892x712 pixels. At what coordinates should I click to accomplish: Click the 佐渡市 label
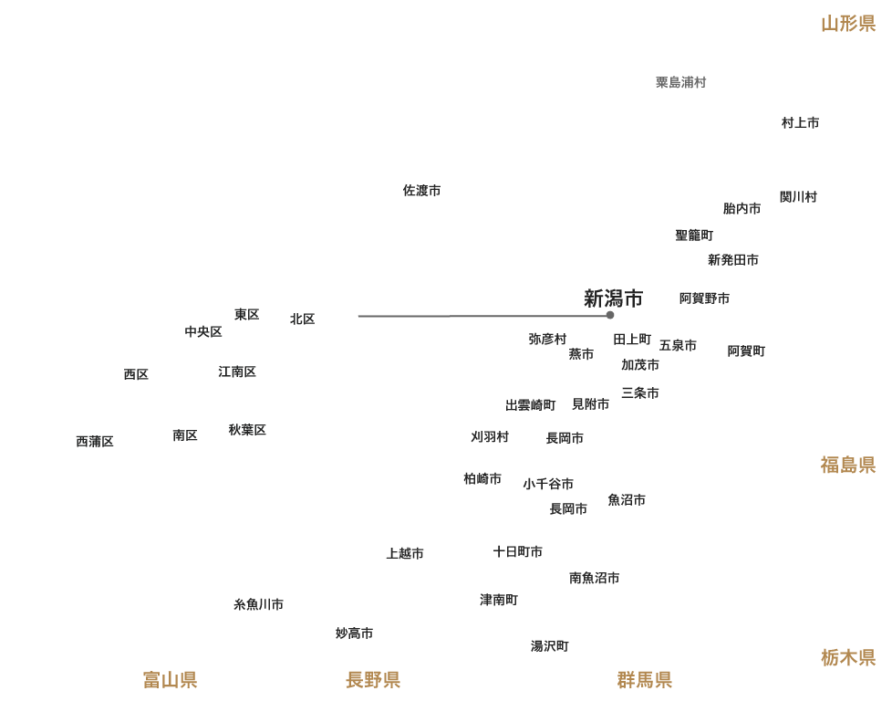click(x=422, y=191)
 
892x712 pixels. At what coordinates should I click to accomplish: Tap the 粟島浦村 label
click(x=681, y=82)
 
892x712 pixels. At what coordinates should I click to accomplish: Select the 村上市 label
click(x=800, y=122)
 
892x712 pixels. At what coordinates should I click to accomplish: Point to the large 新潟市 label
click(x=614, y=298)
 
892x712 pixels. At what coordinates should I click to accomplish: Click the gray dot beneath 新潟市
click(x=610, y=315)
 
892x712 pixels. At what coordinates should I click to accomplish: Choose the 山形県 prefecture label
click(x=848, y=24)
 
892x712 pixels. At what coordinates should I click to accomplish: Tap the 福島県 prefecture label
click(x=848, y=466)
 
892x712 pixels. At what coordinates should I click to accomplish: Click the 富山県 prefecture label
click(x=171, y=680)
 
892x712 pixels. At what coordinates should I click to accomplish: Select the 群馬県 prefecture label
click(x=645, y=680)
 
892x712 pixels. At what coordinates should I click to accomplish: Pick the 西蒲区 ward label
click(x=96, y=442)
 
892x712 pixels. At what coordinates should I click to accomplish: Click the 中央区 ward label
click(x=203, y=331)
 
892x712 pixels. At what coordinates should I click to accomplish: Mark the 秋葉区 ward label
click(x=248, y=429)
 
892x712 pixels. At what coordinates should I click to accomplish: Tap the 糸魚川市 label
click(x=259, y=604)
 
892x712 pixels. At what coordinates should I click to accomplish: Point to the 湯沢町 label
click(x=550, y=646)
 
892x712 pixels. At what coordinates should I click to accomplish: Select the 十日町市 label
click(x=518, y=551)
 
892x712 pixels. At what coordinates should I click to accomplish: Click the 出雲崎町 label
click(x=531, y=404)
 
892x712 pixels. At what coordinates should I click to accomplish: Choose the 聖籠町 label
click(x=694, y=235)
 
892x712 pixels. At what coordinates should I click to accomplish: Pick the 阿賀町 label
click(x=746, y=351)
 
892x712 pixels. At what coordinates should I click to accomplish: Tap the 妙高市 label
click(x=354, y=633)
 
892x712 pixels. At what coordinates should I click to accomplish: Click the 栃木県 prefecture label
click(x=848, y=658)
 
